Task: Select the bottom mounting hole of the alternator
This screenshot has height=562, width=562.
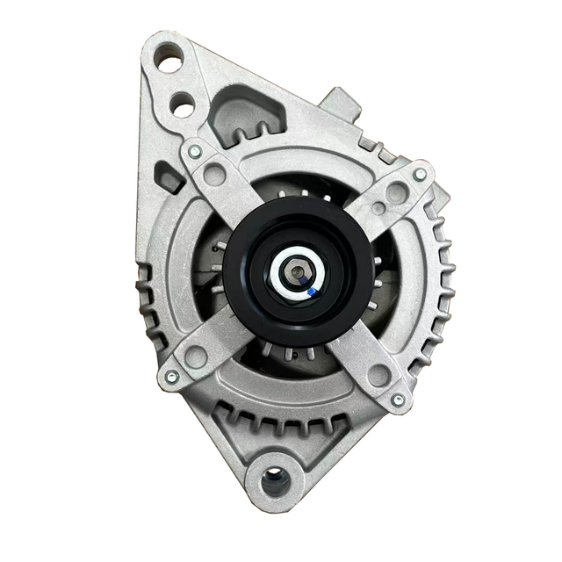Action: [x=275, y=479]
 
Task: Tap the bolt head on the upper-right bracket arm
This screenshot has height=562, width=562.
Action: [x=420, y=175]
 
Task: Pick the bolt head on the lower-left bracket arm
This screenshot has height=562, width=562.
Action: [x=171, y=376]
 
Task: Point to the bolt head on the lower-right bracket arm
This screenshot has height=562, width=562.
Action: [x=398, y=400]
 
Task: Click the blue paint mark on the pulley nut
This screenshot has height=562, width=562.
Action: [x=312, y=287]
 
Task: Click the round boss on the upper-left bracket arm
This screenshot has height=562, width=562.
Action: [x=213, y=173]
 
